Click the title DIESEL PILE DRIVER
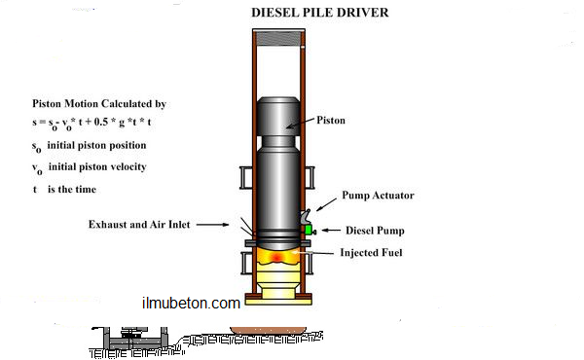pos(320,13)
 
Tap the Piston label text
pos(331,121)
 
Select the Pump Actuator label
pos(378,196)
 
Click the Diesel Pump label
pos(375,231)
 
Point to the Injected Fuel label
pos(372,253)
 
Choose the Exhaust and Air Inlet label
pos(139,225)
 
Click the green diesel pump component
pos(309,230)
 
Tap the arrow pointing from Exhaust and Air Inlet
pos(212,225)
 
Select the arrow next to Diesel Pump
pos(331,231)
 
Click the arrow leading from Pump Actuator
pos(327,204)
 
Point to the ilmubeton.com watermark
pos(191,303)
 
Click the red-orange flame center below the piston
pos(276,257)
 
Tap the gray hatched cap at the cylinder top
pos(278,39)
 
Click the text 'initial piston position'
pos(96,145)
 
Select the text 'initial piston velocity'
pos(97,166)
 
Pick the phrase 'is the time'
pos(72,190)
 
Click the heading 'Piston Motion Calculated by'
pos(99,104)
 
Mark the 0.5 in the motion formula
pos(100,122)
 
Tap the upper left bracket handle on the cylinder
pos(246,178)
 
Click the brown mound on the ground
pos(269,331)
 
